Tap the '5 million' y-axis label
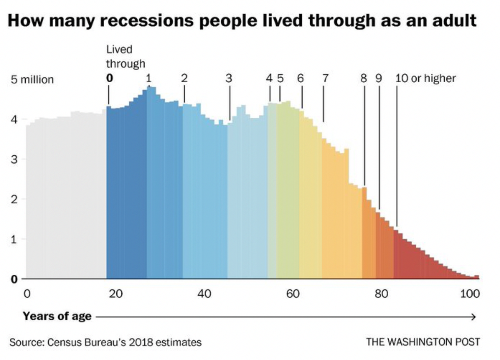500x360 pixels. coord(32,80)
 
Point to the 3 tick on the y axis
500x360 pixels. coord(14,159)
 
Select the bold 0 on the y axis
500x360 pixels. coord(14,279)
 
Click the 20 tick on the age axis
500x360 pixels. coord(116,294)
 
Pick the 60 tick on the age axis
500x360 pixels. coord(293,294)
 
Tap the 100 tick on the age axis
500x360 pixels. coord(470,294)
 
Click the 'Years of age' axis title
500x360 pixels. coord(57,316)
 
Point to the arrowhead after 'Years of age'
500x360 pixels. coord(473,317)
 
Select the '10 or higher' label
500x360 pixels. coord(425,78)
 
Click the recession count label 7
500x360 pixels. coord(325,78)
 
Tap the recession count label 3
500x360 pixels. coord(229,78)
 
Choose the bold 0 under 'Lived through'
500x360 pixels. coord(109,78)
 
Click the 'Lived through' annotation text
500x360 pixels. coord(126,57)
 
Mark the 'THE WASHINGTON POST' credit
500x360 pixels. coord(423,342)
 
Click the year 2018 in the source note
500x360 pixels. coord(141,342)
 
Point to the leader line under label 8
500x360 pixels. coord(364,135)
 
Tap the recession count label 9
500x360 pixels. coord(379,78)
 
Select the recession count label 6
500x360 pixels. coord(300,78)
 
